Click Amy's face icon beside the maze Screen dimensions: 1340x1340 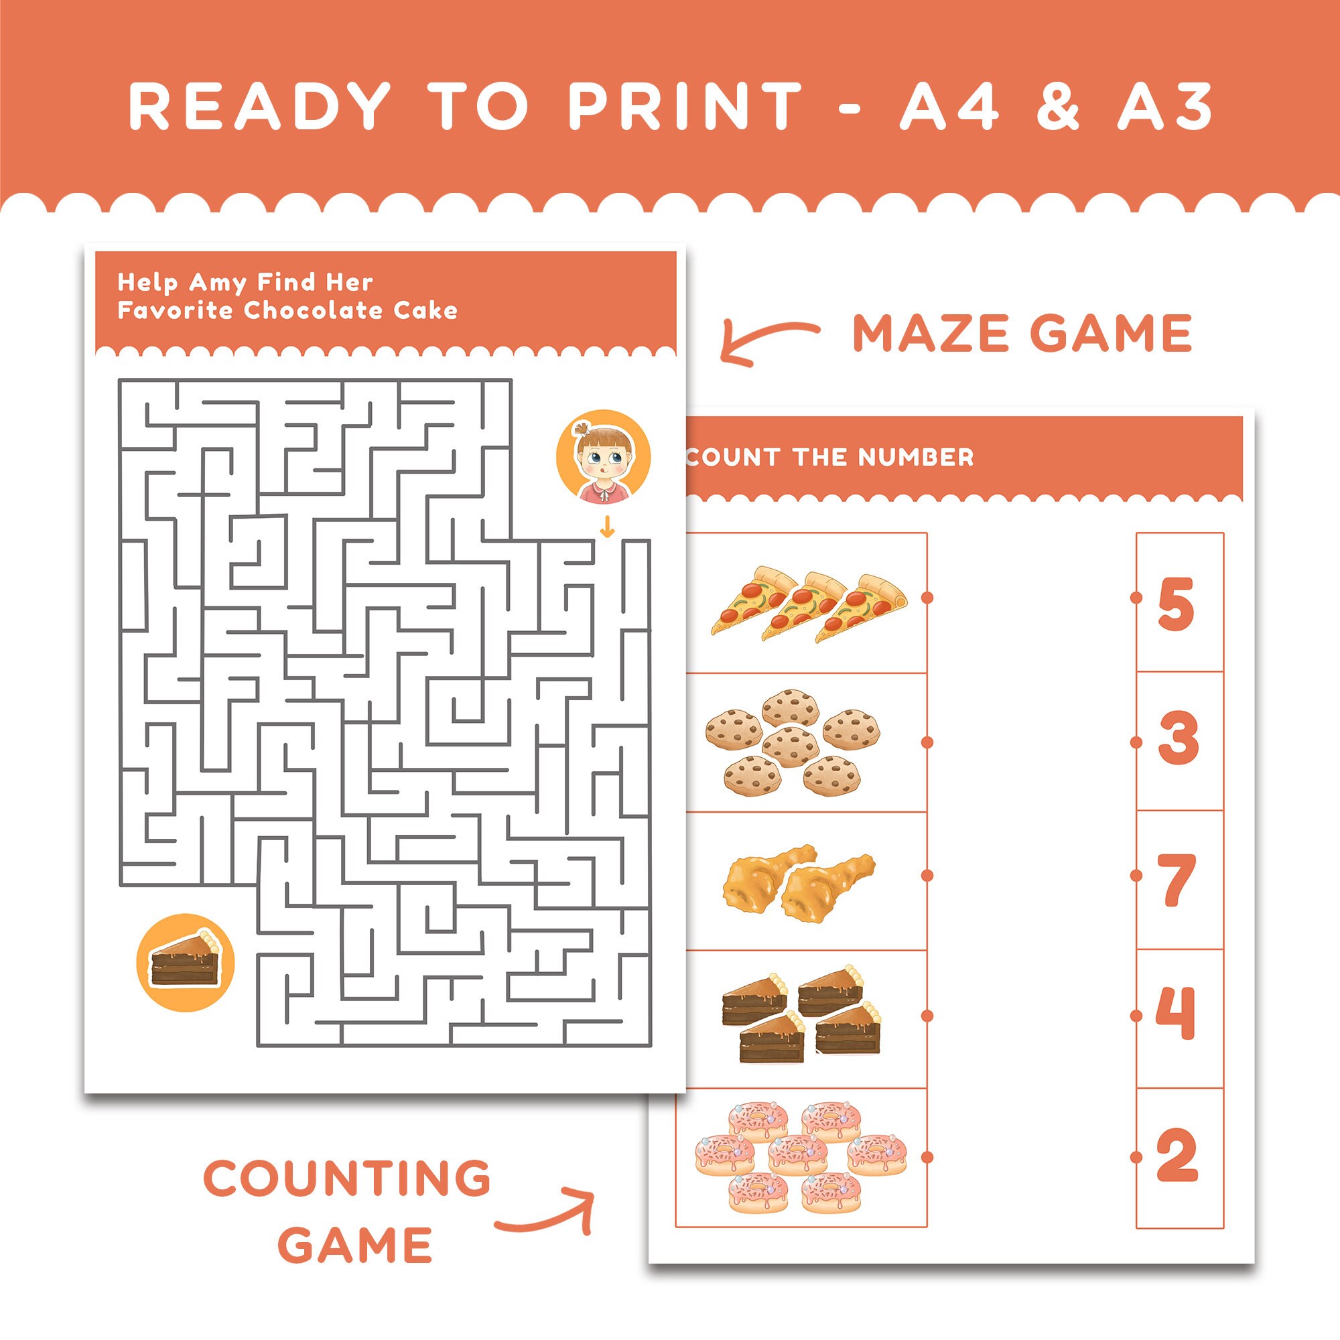[x=603, y=457]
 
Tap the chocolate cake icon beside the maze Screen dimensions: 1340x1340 [x=185, y=962]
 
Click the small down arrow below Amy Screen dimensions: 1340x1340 [x=607, y=528]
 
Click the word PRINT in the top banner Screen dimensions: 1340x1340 [x=685, y=106]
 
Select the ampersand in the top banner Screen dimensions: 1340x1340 [x=1058, y=106]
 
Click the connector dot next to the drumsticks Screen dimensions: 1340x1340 [x=927, y=876]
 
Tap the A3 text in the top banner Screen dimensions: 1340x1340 [x=1164, y=106]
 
